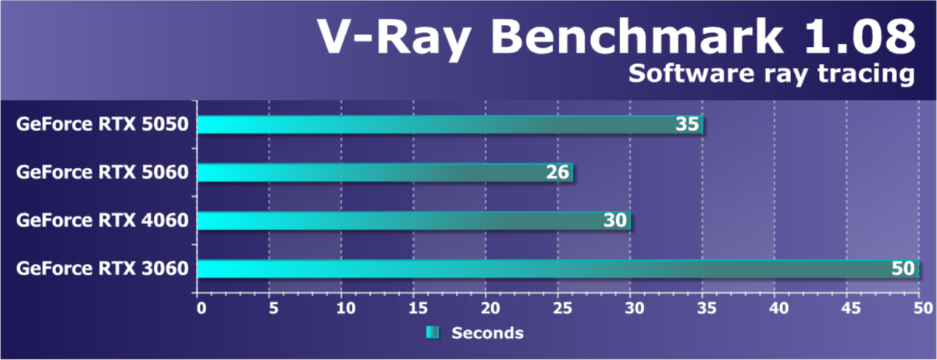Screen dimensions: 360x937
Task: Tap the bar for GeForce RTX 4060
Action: point(413,221)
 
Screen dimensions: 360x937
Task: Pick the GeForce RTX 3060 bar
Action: point(556,269)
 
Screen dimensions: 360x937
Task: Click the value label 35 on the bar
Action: point(686,125)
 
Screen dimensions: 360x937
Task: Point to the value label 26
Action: point(557,173)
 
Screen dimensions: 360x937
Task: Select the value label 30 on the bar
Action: point(615,222)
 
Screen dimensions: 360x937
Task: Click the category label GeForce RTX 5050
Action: point(102,124)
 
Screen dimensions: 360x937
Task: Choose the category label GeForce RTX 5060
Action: point(102,173)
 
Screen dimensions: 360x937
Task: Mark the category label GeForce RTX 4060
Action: point(102,221)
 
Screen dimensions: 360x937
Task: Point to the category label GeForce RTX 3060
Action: point(102,269)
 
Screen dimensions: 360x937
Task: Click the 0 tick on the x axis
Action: point(201,308)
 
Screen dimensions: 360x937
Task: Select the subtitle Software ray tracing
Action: point(771,75)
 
